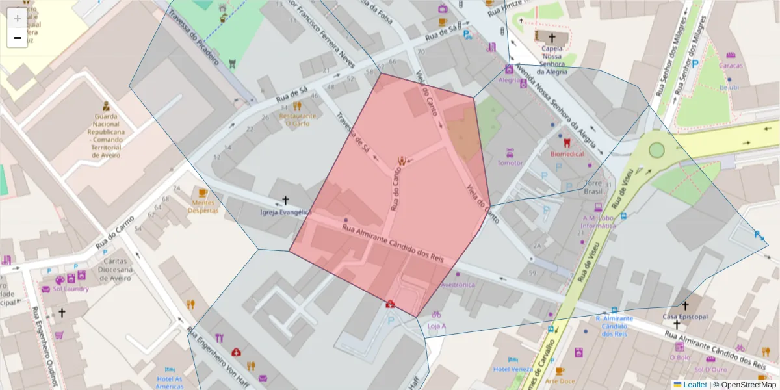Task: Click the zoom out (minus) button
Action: coord(17,38)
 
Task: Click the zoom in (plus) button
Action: coord(17,18)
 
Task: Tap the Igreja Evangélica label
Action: coord(285,213)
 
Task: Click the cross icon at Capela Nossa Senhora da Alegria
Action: coord(552,38)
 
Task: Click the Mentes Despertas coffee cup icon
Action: coord(203,192)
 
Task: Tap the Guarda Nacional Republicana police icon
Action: coord(105,106)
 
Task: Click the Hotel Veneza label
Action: coord(513,369)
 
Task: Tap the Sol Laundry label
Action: coord(71,289)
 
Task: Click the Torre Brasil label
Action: coord(593,187)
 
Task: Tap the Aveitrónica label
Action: coord(458,285)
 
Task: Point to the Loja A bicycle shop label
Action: coord(436,326)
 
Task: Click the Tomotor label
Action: coord(510,162)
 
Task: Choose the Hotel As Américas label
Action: coord(169,382)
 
